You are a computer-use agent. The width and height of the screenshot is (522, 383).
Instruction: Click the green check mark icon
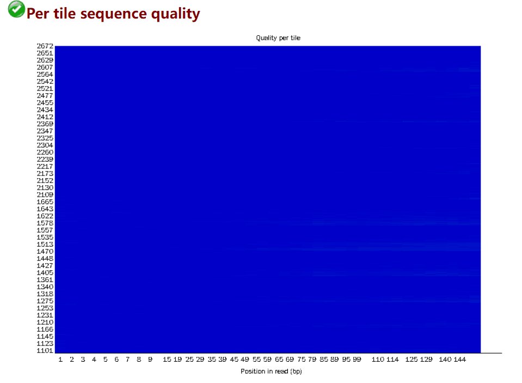click(16, 9)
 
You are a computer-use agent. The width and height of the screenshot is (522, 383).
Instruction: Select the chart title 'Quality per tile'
click(278, 38)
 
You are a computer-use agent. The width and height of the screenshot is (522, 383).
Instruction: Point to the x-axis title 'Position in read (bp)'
click(271, 372)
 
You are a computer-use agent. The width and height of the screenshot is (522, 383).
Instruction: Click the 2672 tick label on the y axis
click(45, 46)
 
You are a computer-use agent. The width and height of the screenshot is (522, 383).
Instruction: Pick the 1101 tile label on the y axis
click(45, 350)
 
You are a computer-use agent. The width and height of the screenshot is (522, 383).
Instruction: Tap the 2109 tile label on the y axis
click(45, 194)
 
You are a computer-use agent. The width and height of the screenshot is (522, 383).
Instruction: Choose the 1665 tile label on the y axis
click(45, 202)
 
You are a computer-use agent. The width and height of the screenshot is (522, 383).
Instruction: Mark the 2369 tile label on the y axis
click(45, 124)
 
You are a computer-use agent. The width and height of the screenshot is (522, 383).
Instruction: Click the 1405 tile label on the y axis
click(45, 272)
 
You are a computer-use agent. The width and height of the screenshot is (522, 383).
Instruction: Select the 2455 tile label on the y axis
click(45, 102)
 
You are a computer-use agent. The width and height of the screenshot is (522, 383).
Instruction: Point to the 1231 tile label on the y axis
click(45, 315)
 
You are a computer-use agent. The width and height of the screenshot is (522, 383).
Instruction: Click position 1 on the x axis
click(60, 360)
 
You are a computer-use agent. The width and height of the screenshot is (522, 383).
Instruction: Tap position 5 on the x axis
click(105, 360)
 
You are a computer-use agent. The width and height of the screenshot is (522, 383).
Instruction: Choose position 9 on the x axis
click(150, 360)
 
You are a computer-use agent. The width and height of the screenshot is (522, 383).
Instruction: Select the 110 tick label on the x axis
click(378, 360)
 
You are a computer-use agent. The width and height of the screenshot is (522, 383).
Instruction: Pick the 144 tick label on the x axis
click(459, 360)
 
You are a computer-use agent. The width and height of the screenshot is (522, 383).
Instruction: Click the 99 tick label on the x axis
click(357, 360)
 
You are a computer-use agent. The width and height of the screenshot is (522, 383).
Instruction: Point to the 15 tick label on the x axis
click(167, 360)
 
